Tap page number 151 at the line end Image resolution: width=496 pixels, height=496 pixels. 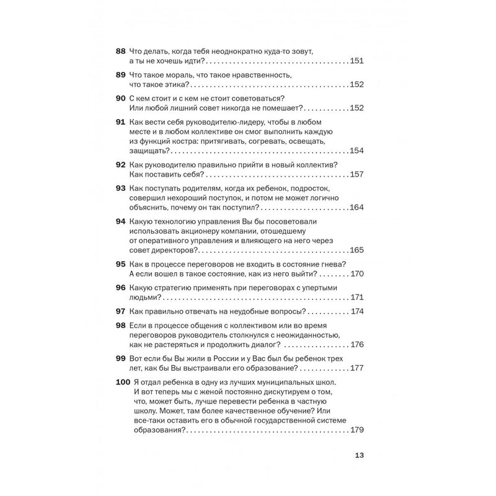point(356,61)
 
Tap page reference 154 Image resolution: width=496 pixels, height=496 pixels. point(356,151)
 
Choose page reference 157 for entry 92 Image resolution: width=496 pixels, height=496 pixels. point(356,175)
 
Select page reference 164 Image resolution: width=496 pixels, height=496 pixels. point(356,208)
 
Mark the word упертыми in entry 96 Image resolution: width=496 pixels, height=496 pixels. point(318,288)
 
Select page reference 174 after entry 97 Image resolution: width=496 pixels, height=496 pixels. point(356,311)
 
